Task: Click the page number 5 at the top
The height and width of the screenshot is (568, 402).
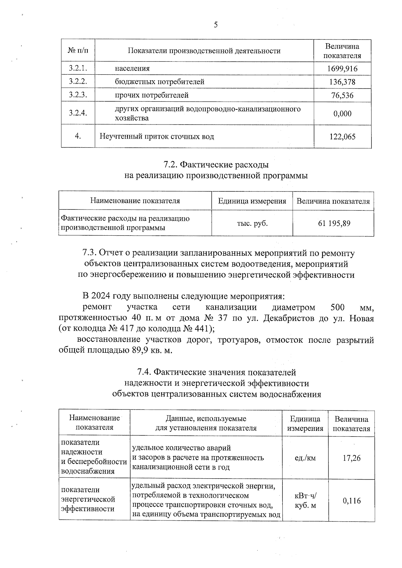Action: pos(215,25)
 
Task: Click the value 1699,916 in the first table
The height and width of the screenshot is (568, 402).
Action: pos(342,69)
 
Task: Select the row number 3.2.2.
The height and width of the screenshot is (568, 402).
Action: pos(78,82)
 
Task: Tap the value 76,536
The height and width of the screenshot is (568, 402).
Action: pos(342,96)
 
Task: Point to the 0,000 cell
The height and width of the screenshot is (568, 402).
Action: pos(342,113)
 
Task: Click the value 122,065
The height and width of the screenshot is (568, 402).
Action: pos(342,137)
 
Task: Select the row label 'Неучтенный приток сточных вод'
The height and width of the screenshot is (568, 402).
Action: pos(157,137)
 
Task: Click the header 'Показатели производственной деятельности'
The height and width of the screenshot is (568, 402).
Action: pos(204,51)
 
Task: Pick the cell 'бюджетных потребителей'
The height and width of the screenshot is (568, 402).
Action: pos(159,82)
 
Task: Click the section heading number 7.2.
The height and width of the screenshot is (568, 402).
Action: pos(170,165)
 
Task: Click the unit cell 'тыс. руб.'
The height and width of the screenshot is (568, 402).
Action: pos(252,223)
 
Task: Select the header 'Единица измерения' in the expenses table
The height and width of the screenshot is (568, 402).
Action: pos(252,201)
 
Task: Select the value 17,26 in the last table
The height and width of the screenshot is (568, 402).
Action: pos(351,458)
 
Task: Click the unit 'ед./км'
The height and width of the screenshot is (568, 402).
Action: pos(305,458)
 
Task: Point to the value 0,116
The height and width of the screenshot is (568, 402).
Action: pos(351,501)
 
